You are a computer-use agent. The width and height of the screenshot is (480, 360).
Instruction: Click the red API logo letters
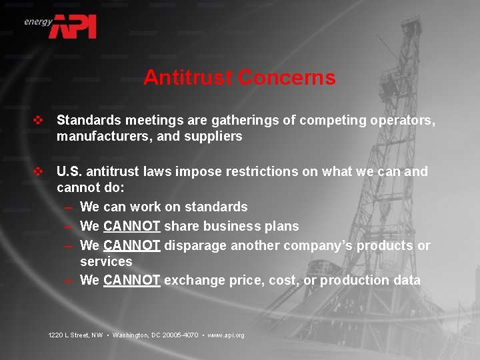click(x=76, y=26)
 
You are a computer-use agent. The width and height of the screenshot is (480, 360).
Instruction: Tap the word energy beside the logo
click(x=38, y=21)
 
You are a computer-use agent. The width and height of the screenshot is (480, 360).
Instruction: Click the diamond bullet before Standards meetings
click(x=38, y=121)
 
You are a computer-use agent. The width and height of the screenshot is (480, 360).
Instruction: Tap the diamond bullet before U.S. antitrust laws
click(x=38, y=172)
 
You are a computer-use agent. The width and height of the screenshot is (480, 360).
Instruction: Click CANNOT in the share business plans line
click(x=131, y=226)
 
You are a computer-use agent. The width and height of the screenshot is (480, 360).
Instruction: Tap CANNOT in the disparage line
click(x=131, y=245)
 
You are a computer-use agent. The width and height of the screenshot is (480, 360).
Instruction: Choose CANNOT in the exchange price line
click(x=131, y=280)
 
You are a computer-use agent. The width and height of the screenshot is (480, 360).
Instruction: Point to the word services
click(x=106, y=262)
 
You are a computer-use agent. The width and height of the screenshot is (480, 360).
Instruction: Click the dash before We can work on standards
click(x=69, y=207)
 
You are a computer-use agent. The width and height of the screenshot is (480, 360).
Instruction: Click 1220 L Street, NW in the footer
click(x=75, y=335)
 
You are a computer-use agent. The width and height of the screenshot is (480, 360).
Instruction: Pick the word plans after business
click(x=281, y=226)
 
